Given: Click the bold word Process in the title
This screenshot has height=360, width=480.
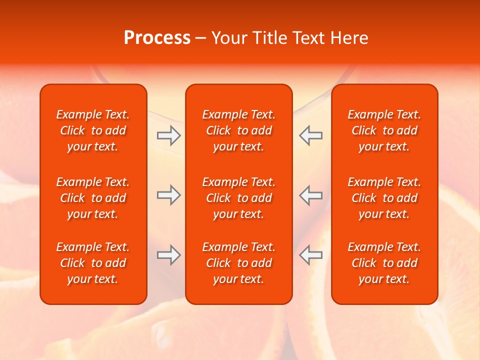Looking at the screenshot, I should (157, 38).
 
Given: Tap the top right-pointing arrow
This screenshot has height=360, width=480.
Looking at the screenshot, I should (168, 135).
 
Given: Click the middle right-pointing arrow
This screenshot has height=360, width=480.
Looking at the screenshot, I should (168, 195).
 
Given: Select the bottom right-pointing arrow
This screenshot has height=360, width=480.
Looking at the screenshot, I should (168, 255).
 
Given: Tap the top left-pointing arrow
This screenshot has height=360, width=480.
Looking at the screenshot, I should (311, 135).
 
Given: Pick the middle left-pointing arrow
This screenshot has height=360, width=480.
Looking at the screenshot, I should (311, 195).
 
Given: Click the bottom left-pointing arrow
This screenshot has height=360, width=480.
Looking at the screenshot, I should (311, 255).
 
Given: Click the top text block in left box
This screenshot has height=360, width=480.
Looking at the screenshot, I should (93, 130).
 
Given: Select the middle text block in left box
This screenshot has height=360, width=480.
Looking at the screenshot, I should (93, 198).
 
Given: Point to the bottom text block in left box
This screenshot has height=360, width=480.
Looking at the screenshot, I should (93, 263).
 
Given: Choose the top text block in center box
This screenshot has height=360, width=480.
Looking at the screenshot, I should (239, 130).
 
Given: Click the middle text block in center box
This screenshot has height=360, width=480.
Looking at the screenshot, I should (239, 198).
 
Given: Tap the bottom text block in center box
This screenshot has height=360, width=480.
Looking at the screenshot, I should (239, 263).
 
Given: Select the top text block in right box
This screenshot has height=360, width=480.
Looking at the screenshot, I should (384, 130).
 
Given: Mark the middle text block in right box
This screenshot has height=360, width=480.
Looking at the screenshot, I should (384, 198).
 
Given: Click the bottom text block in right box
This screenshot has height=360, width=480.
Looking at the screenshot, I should (384, 263).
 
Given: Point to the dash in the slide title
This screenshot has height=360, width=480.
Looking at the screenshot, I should (201, 38).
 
